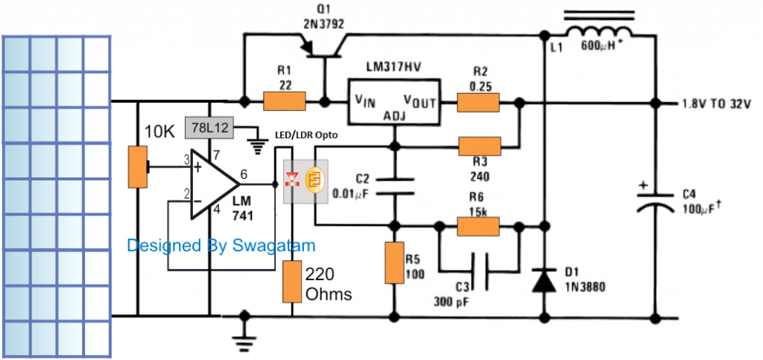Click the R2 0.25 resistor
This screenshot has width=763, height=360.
[x=478, y=101]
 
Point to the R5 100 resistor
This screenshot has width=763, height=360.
[x=394, y=263]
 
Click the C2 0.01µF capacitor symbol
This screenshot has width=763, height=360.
[x=394, y=186]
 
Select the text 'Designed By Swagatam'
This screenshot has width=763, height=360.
[x=221, y=245]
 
